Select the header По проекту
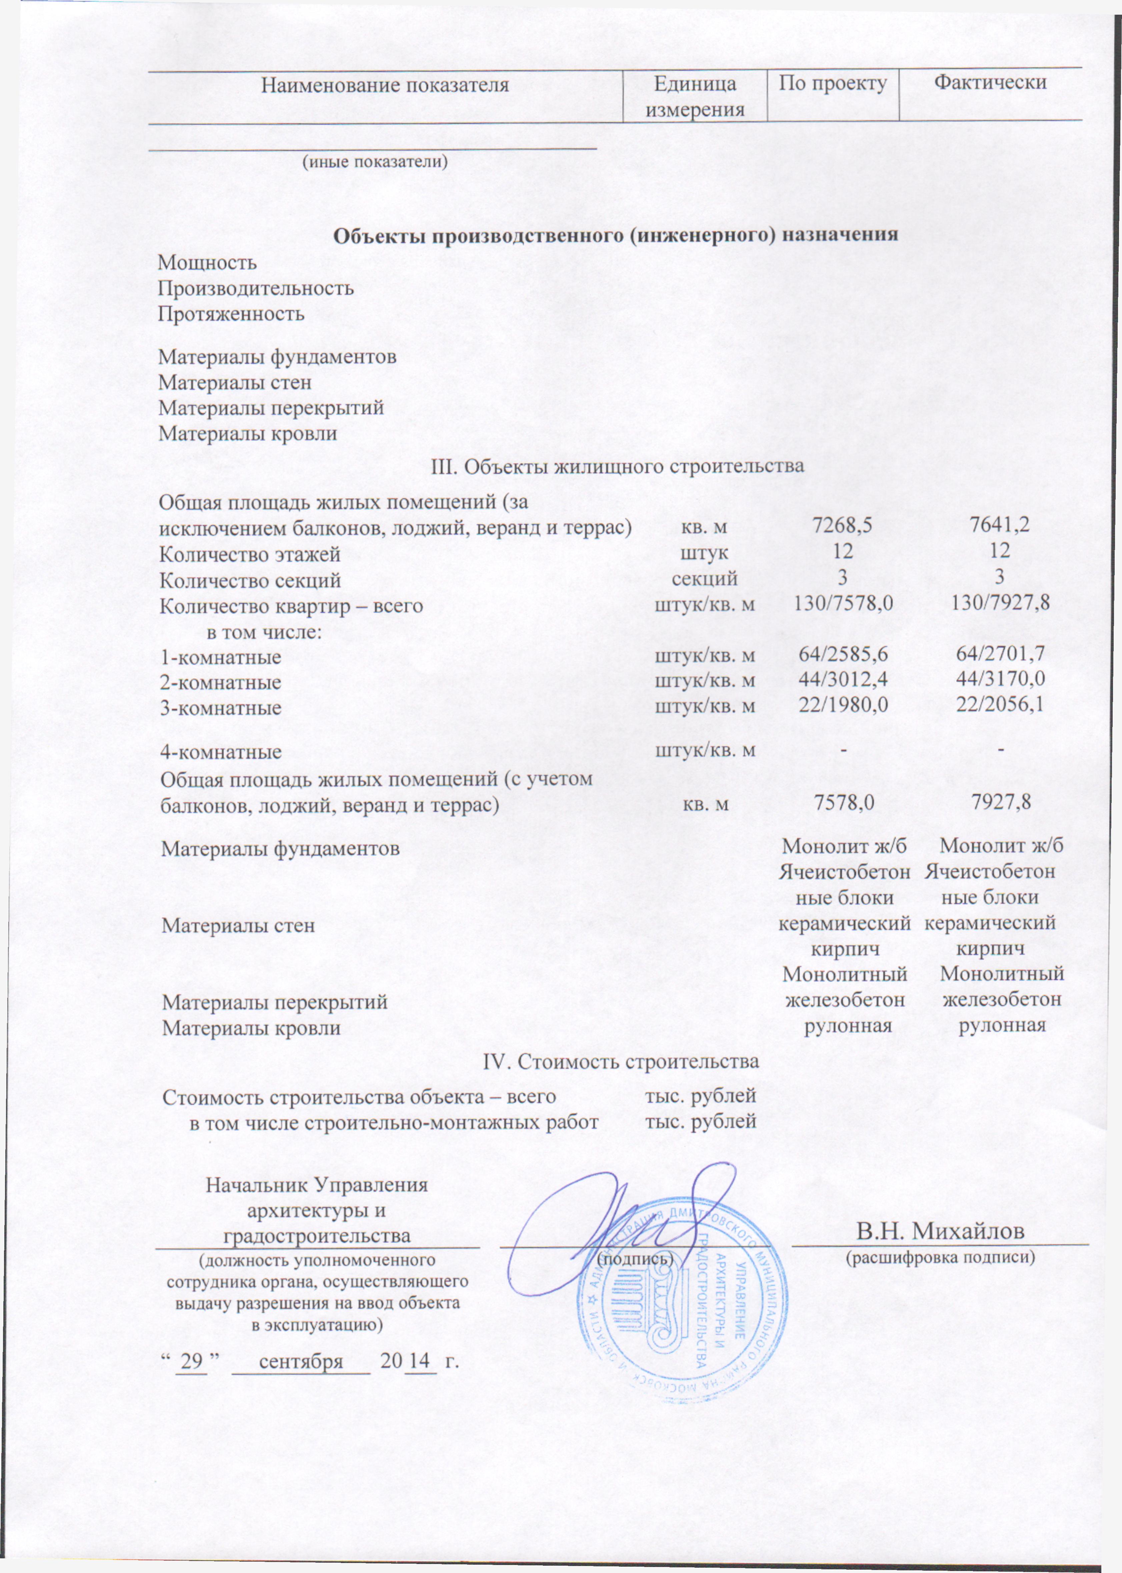(833, 84)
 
